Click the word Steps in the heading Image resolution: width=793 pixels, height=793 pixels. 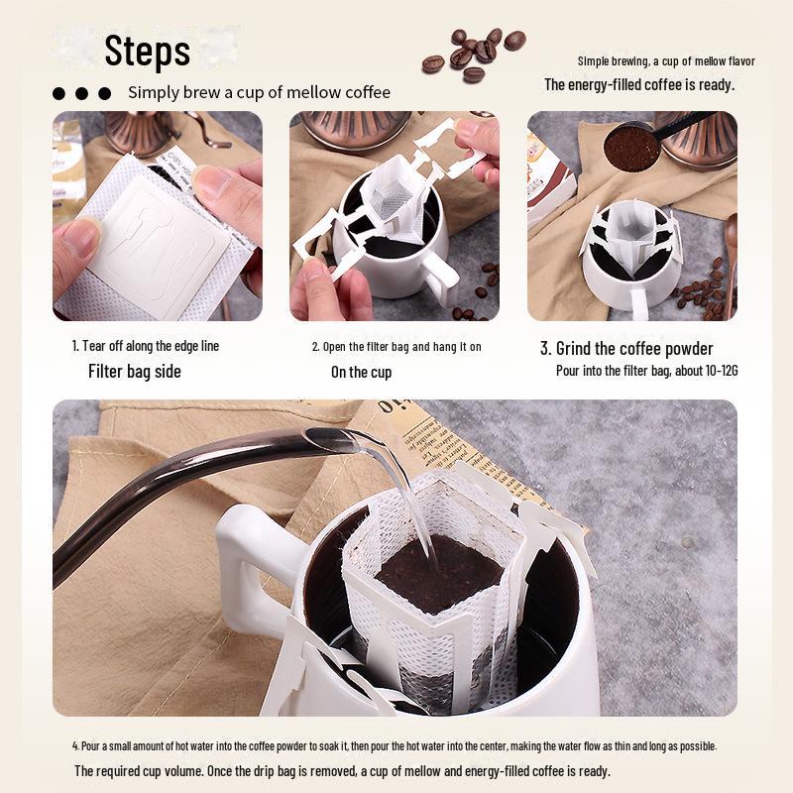point(147,51)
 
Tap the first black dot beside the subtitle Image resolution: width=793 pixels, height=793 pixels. point(58,93)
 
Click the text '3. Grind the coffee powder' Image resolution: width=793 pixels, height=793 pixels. point(626,349)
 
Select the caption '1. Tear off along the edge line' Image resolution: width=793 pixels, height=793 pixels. point(145,346)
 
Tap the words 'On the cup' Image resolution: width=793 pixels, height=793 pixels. point(361,373)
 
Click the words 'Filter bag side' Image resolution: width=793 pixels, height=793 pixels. point(135,371)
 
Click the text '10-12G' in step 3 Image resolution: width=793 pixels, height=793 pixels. point(722,371)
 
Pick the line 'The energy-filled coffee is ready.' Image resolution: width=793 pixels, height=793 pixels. point(639,84)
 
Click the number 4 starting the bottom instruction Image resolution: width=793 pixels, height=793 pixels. point(75,746)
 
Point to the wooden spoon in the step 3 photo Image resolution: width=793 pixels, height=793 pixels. point(731,263)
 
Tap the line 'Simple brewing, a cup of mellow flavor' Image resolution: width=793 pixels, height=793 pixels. point(666,61)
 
